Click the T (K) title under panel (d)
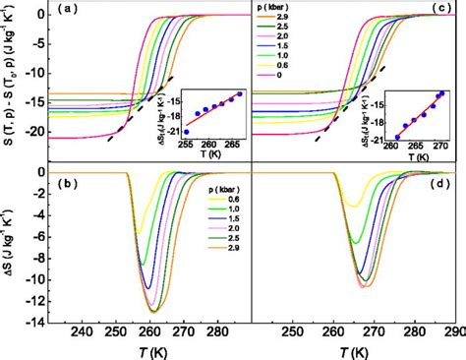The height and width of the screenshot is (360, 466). tap(355, 352)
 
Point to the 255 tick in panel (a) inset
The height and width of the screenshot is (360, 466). tap(186, 143)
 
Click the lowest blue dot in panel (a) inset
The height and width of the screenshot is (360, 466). tap(186, 130)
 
